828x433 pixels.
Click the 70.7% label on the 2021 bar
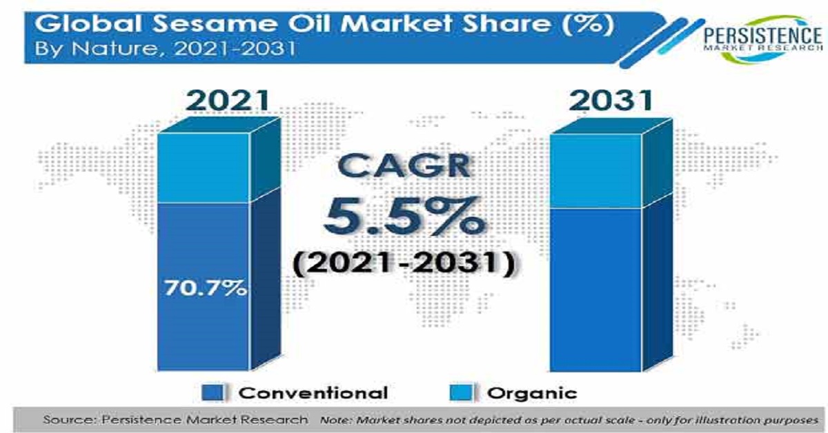tap(206, 288)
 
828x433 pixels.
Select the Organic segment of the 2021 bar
tap(204, 168)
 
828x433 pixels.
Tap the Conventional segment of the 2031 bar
tap(596, 290)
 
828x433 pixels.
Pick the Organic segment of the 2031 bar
tap(596, 171)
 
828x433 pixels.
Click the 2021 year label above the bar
tap(228, 101)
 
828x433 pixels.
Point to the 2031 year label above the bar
tap(611, 101)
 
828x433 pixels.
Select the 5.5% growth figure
tap(404, 216)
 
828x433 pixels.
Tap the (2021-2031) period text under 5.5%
tap(404, 263)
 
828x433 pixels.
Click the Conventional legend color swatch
tap(213, 393)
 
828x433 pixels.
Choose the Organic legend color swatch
tap(461, 393)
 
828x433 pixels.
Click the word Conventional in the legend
tap(313, 393)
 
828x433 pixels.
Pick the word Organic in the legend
tap(532, 394)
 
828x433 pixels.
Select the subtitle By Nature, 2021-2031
tap(165, 49)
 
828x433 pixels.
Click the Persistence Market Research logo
tap(763, 39)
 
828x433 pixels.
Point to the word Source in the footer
tap(70, 420)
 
